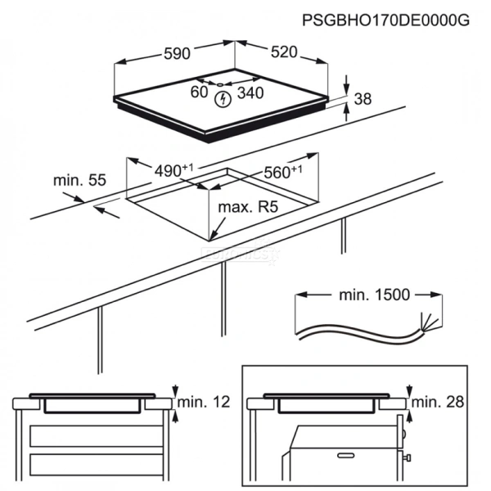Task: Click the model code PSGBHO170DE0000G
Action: [x=385, y=20]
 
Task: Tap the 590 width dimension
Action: [x=177, y=53]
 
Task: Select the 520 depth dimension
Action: [x=284, y=52]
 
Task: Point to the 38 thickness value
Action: [x=363, y=99]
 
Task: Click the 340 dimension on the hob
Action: [x=250, y=92]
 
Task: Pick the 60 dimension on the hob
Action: [x=199, y=92]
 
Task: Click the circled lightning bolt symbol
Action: [x=223, y=99]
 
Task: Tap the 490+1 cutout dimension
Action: [x=174, y=170]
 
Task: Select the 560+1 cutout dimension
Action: [x=283, y=172]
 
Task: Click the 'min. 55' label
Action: [x=79, y=180]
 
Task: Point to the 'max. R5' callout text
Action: [x=248, y=207]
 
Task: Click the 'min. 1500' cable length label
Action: [x=375, y=295]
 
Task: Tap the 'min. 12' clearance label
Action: [x=204, y=402]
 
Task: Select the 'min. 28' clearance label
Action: [x=438, y=402]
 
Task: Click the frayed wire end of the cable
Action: [x=429, y=322]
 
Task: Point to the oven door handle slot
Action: [x=345, y=455]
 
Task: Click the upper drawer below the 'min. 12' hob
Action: [x=97, y=436]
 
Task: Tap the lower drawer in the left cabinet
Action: [x=97, y=465]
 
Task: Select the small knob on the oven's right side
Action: [x=408, y=457]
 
